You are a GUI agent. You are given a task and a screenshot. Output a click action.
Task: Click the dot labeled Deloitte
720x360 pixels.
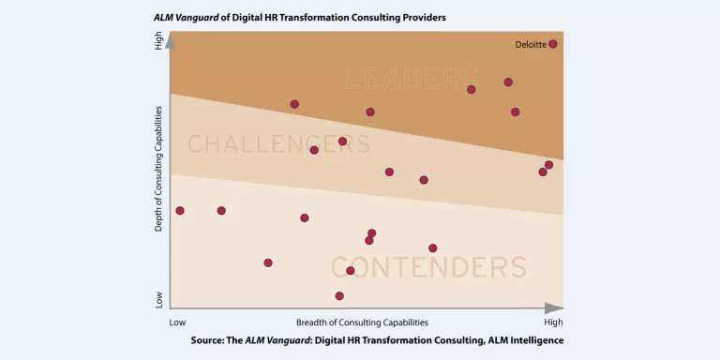coord(553,44)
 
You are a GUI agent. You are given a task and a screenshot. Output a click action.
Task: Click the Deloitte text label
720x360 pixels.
coord(531,44)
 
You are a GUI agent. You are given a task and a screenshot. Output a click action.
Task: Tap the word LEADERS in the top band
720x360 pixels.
coord(412,78)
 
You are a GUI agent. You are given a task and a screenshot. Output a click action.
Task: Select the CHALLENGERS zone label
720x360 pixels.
coord(278,144)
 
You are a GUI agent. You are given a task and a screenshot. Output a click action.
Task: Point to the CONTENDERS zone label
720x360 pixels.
coord(428,267)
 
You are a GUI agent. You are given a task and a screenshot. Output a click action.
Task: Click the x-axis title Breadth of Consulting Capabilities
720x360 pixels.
coord(362,322)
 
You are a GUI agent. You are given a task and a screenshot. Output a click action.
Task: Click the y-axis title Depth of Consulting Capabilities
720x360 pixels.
coord(158,169)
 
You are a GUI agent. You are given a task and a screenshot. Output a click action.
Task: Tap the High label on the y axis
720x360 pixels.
coord(158,42)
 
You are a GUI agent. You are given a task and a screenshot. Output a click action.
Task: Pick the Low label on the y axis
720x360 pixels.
coord(158,300)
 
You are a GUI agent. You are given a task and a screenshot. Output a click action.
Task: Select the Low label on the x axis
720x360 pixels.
coord(177,322)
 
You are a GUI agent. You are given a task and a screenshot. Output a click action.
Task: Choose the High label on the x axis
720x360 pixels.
coord(553,322)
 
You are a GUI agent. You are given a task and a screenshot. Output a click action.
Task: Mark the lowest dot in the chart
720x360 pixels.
coord(339,296)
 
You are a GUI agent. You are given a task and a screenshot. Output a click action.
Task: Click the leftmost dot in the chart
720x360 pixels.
coord(180,211)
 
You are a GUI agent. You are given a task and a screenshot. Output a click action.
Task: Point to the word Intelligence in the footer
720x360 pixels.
coord(532,339)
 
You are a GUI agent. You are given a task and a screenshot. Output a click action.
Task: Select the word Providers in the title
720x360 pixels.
coord(421,18)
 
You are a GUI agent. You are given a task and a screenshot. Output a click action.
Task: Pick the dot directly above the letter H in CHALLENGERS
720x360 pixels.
coord(221,211)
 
